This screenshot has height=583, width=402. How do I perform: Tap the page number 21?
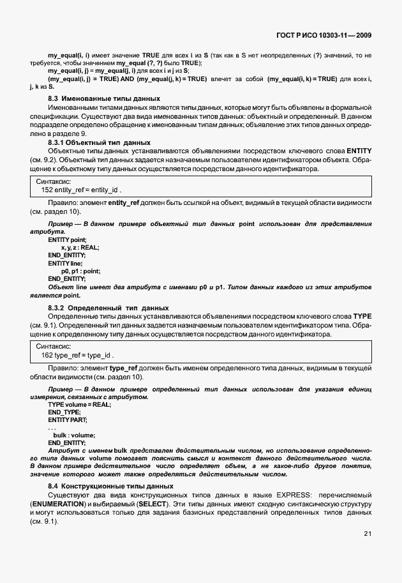tap(367, 533)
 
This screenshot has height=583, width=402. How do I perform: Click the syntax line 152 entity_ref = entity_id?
tap(81, 190)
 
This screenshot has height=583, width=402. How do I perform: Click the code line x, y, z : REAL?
tap(80, 246)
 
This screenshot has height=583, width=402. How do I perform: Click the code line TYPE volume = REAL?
tap(80, 404)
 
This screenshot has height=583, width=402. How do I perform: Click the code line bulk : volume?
tap(78, 435)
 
